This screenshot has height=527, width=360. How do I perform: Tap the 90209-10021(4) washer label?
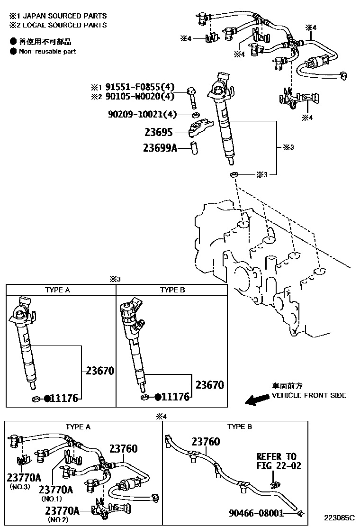coord(142,115)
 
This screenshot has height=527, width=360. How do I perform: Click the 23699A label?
coord(160,148)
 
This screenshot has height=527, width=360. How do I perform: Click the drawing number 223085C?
coord(339,518)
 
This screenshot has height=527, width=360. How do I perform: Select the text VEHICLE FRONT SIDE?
coord(308,396)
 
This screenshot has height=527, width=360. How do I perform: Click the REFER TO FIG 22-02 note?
coord(279,461)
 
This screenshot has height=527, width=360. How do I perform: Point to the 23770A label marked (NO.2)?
coord(62,510)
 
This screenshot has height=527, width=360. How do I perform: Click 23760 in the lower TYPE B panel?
coord(206,442)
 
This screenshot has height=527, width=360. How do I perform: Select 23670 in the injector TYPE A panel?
coord(100,371)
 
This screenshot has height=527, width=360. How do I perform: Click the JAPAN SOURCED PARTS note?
coord(61,16)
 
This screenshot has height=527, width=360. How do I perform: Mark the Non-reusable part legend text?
coord(47,51)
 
